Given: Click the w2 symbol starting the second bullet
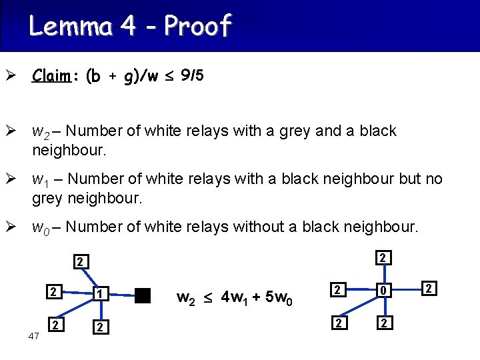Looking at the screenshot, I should tap(40, 131).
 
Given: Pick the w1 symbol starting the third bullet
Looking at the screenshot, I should tap(40, 179).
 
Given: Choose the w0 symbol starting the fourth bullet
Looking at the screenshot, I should tap(40, 227).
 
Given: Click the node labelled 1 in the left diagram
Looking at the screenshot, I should tap(99, 294).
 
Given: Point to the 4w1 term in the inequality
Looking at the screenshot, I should tap(233, 296).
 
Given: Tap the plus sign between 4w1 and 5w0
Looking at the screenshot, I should tap(257, 295).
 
